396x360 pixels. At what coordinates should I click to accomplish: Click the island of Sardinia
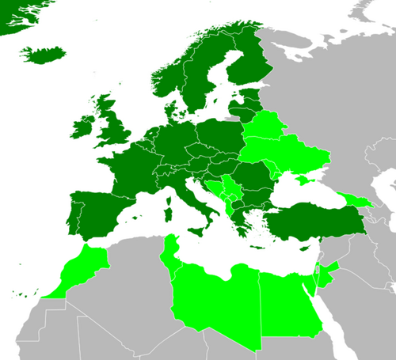(166, 212)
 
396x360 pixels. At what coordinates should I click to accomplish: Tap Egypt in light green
(289, 305)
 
